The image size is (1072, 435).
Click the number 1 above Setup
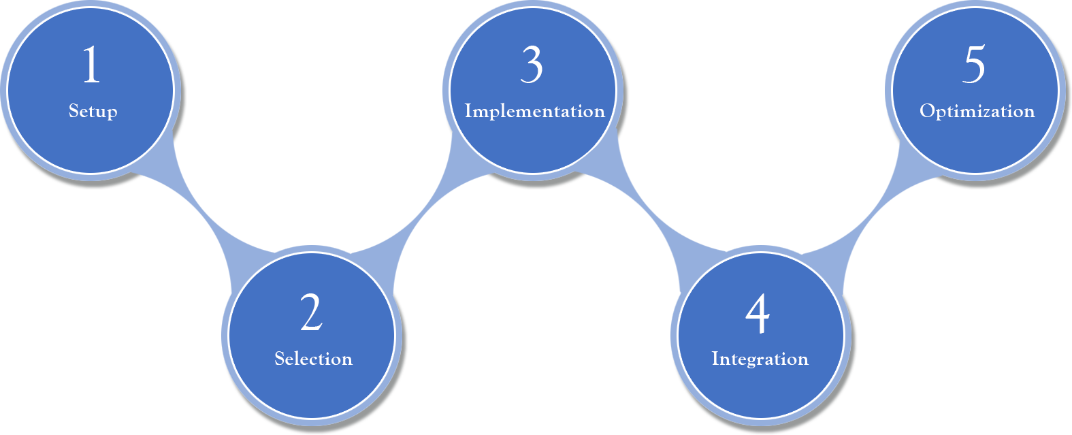coord(91,65)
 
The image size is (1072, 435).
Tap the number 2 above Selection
coord(311,313)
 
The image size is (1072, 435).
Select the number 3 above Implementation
coord(532,65)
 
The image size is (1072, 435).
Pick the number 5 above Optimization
coord(974,65)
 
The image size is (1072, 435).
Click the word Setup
coord(93,111)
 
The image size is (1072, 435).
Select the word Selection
coord(313,359)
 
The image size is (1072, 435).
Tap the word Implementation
coord(534,111)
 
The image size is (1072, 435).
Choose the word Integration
coord(760,359)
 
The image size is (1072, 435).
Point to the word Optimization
coord(977,111)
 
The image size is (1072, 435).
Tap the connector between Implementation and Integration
coord(633,204)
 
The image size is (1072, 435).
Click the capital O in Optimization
coord(926,111)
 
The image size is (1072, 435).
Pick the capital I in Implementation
coord(468,111)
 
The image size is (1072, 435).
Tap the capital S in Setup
coord(74,110)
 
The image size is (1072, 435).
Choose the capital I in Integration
coord(715,359)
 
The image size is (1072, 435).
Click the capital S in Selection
coord(280,359)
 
